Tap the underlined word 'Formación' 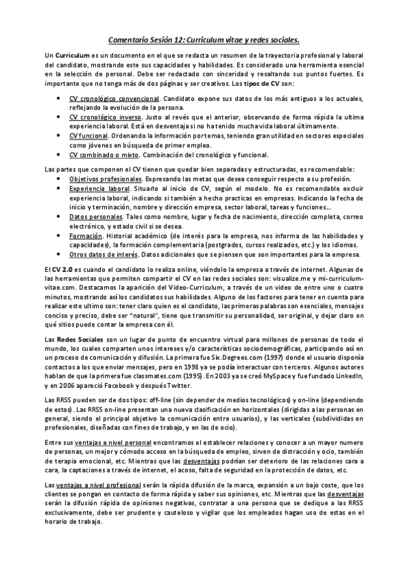pyautogui.click(x=85, y=234)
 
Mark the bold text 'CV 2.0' pyautogui.click(x=63, y=271)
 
